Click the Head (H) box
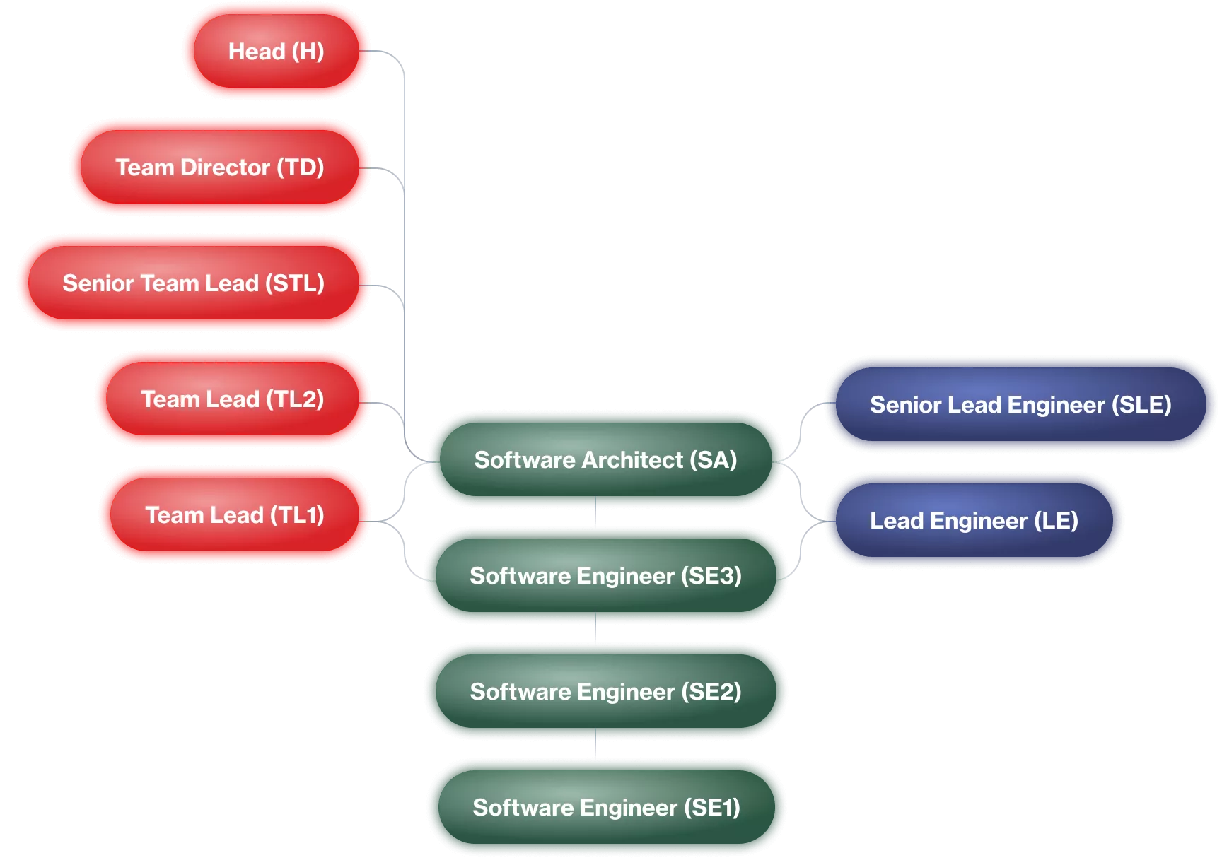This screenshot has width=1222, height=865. (277, 51)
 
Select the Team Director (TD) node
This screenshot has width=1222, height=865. (220, 167)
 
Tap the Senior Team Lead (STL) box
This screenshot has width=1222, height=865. (194, 283)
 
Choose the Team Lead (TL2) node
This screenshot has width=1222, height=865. (233, 399)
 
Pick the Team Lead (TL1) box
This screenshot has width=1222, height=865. (235, 514)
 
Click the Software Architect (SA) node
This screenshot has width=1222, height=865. (605, 459)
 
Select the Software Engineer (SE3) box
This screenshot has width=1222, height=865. (605, 575)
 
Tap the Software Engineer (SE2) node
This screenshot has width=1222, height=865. (605, 691)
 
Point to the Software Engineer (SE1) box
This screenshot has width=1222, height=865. (606, 807)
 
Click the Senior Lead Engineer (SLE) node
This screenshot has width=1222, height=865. (1020, 404)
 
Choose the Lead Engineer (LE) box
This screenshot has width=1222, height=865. (974, 520)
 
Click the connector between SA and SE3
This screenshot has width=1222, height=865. (596, 512)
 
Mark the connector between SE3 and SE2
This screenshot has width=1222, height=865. (596, 628)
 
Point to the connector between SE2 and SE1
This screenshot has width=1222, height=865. (596, 743)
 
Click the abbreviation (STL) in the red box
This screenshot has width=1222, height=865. (295, 283)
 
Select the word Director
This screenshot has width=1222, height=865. (225, 167)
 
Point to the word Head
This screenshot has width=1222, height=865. (256, 51)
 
